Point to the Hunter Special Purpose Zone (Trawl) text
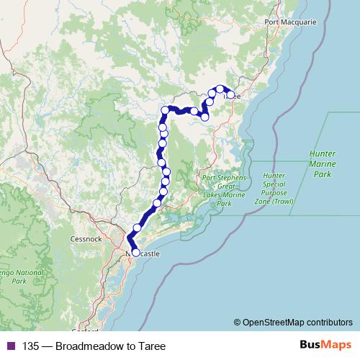(274, 189)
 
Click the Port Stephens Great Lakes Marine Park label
(225, 190)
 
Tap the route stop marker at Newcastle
(135, 253)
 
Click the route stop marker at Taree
(230, 94)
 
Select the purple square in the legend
(9, 345)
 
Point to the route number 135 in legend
(30, 345)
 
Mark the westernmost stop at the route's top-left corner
(165, 110)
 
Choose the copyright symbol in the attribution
(237, 323)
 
